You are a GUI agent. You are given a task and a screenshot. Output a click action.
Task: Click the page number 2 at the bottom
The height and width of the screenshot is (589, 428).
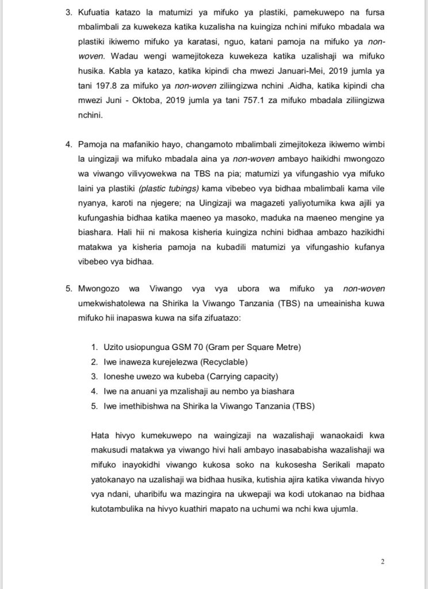pos(381,560)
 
